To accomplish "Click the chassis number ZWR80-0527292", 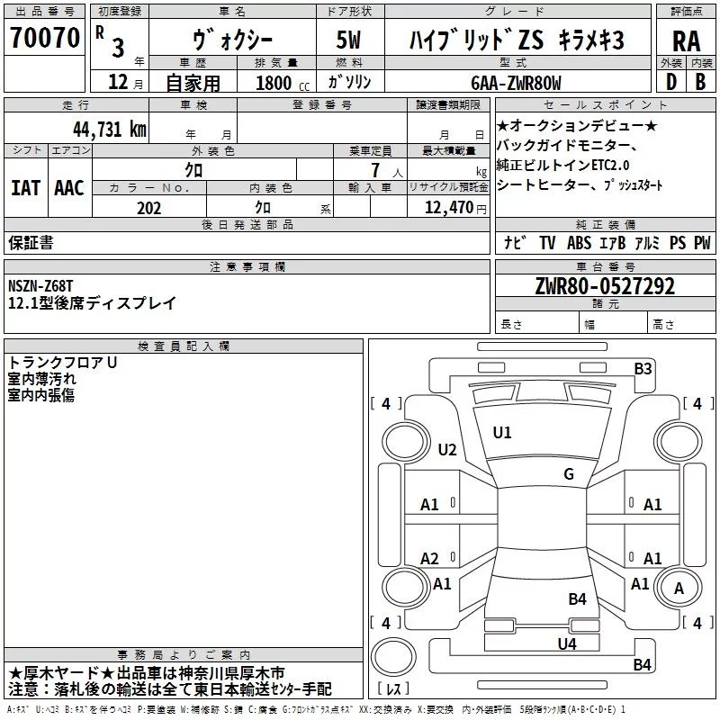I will click(x=605, y=286).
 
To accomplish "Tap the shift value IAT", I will click(x=25, y=187).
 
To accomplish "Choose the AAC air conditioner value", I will click(x=69, y=187).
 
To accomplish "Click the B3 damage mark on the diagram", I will click(x=643, y=368).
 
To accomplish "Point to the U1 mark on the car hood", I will click(x=502, y=433).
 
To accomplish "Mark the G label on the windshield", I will click(x=569, y=474).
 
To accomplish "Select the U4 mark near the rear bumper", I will click(x=566, y=643).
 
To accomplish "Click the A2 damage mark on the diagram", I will click(x=430, y=558).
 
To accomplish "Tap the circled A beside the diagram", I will click(x=679, y=588).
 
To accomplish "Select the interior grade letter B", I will click(x=700, y=82).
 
